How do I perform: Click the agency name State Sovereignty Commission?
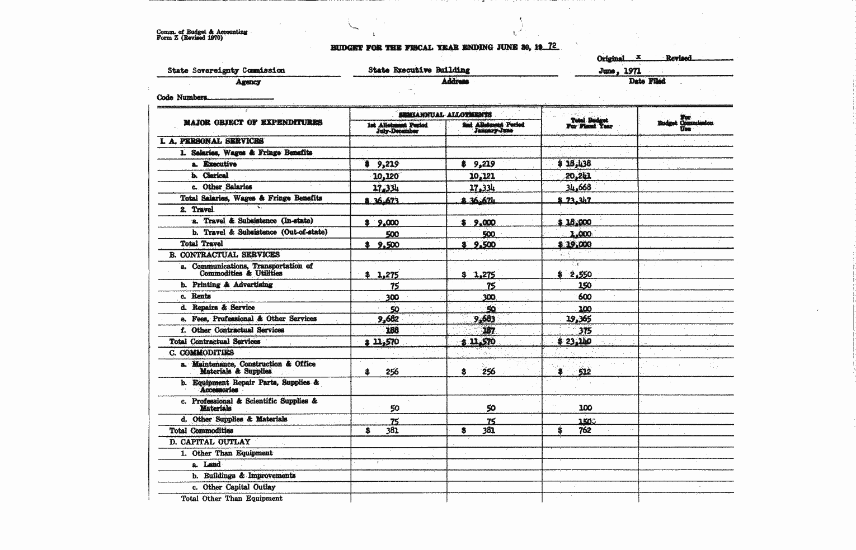(x=226, y=70)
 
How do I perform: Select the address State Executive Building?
(x=419, y=70)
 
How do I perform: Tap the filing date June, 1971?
(x=620, y=71)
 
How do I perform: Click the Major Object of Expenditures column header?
(x=253, y=122)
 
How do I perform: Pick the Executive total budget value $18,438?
(x=575, y=164)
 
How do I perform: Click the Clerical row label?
(x=215, y=176)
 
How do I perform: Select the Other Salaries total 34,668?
(x=578, y=187)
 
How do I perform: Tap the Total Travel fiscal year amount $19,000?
(x=575, y=244)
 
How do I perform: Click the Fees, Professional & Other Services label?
(x=254, y=319)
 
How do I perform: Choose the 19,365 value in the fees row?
(x=579, y=319)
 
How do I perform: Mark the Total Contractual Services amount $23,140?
(x=575, y=342)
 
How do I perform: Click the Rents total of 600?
(x=585, y=297)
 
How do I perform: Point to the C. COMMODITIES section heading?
(x=201, y=353)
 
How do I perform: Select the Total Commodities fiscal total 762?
(x=585, y=430)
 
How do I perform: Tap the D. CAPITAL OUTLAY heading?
(x=210, y=442)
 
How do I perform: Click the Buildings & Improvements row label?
(x=249, y=476)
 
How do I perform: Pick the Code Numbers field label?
(x=182, y=97)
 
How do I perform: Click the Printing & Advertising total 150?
(x=585, y=286)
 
